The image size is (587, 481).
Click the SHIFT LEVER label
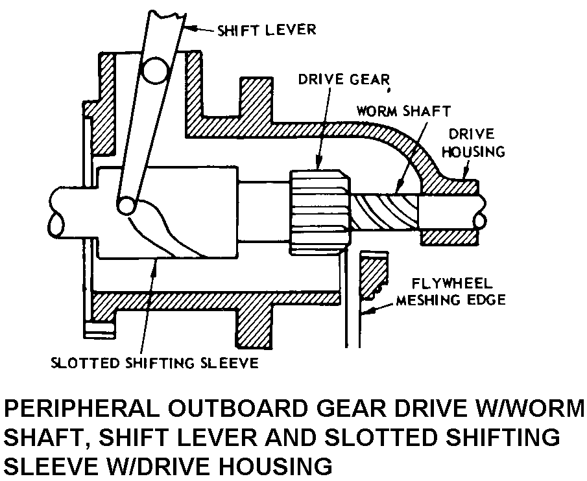click(267, 30)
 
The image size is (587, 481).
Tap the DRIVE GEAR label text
click(344, 79)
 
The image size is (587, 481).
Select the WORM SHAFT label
click(403, 111)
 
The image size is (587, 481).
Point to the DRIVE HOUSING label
click(473, 143)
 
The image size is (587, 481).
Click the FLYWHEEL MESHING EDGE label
click(451, 292)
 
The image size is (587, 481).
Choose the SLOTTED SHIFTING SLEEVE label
click(154, 363)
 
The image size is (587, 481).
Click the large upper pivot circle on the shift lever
click(156, 71)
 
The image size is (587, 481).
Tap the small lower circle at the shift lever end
click(127, 205)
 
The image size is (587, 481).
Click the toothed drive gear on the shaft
click(320, 212)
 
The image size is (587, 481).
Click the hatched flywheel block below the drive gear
click(373, 275)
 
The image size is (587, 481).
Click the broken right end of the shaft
click(481, 212)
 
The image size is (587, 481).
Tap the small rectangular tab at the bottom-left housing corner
click(99, 329)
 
